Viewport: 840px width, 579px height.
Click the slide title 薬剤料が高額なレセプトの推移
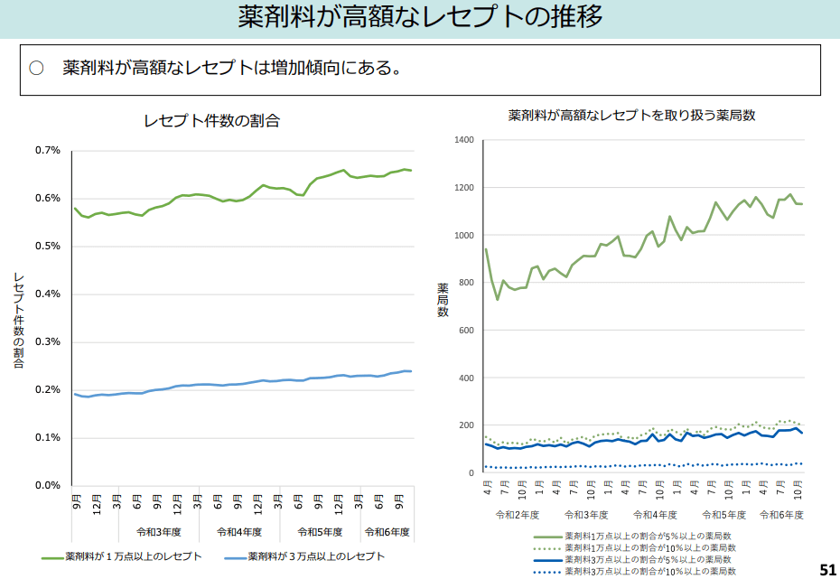pos(420,17)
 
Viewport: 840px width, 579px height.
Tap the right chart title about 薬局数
pos(631,115)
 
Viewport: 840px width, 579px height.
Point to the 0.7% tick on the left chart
pos(48,150)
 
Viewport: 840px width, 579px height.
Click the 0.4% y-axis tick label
pos(48,294)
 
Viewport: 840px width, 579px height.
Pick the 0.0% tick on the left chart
pos(48,485)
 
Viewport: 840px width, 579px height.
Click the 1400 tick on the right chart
pos(464,140)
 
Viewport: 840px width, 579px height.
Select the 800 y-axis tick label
pos(466,283)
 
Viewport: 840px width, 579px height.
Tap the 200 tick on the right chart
pos(466,425)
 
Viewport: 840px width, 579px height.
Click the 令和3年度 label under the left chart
pos(159,531)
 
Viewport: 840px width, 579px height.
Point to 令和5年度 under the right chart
pos(721,514)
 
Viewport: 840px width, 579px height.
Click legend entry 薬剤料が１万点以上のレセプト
pos(133,556)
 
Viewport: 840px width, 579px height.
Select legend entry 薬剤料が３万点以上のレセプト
pos(316,556)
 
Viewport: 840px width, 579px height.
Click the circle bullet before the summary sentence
pos(36,69)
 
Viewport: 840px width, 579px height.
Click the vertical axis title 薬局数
pos(443,299)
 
